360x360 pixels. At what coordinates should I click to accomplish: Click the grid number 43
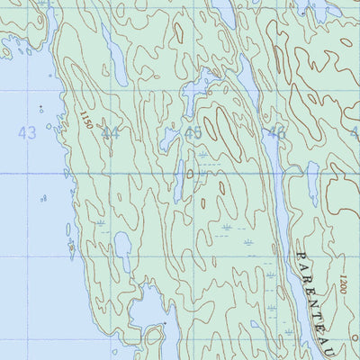point(27,133)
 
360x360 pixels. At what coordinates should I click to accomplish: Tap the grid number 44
point(111,134)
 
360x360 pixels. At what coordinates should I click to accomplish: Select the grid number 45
point(192,133)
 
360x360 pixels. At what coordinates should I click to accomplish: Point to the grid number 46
point(274,134)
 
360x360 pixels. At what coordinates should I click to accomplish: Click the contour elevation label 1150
point(85,118)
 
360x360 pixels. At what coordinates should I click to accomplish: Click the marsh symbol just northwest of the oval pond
point(103,221)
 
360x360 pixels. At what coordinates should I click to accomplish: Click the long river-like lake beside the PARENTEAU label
point(283,225)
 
